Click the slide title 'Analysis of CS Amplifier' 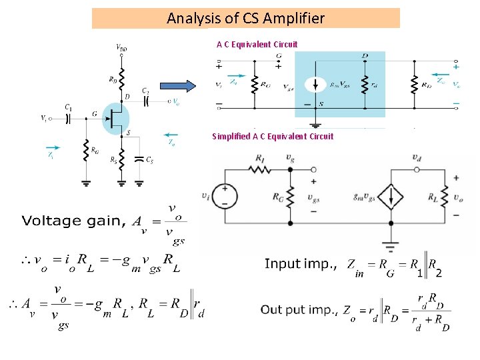pos(245,18)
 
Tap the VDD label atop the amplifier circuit pos(122,48)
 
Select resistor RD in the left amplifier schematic pos(121,80)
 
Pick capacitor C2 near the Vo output pos(145,101)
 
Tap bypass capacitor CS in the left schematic pos(139,159)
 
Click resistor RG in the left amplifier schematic pos(86,151)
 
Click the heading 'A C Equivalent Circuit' pos(257,45)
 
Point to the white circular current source pos(314,85)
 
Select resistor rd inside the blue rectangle pos(365,85)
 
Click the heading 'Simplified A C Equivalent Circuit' pos(273,137)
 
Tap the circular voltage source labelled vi pos(225,196)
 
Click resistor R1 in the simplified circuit pos(259,169)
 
